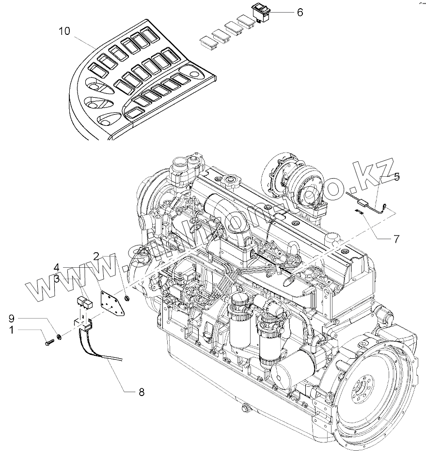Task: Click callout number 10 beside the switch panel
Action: pyautogui.click(x=64, y=31)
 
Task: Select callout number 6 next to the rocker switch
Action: pyautogui.click(x=300, y=12)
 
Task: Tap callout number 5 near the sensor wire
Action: pyautogui.click(x=396, y=177)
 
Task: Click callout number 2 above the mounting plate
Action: pyautogui.click(x=96, y=256)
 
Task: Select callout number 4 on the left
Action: pyautogui.click(x=57, y=267)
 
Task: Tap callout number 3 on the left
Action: pyautogui.click(x=57, y=278)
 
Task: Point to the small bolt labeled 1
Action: pyautogui.click(x=48, y=342)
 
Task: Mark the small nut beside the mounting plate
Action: pyautogui.click(x=126, y=297)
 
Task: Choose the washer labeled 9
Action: pyautogui.click(x=59, y=336)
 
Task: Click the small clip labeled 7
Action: pyautogui.click(x=360, y=211)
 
